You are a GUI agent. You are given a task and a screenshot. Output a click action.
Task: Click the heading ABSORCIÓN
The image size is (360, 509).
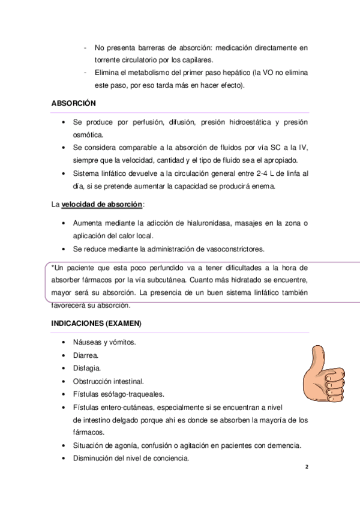[x=74, y=103]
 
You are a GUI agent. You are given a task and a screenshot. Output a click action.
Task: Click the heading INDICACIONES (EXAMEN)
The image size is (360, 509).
[x=97, y=324]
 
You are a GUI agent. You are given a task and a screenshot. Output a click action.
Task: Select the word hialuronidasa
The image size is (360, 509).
[x=203, y=223]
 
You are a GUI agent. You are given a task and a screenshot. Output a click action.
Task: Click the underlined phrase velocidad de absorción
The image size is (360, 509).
[x=102, y=204]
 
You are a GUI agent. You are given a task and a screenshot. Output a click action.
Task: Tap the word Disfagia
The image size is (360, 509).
[x=87, y=367]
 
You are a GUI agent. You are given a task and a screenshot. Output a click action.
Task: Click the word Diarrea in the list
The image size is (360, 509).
[x=86, y=355]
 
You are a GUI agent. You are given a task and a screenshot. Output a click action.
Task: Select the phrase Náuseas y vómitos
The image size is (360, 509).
[x=104, y=342]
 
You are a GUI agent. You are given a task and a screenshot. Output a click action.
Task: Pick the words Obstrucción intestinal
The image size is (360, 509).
[x=109, y=381]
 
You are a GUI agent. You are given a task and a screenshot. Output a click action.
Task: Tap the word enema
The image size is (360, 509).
[x=262, y=186]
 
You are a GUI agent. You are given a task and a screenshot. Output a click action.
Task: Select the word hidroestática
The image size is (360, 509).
[x=242, y=122]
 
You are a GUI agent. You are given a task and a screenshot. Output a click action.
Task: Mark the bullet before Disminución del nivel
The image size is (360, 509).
[x=64, y=459]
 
